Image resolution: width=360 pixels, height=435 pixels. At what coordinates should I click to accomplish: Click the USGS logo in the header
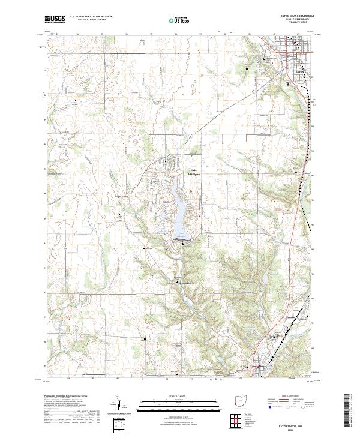[55, 19]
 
